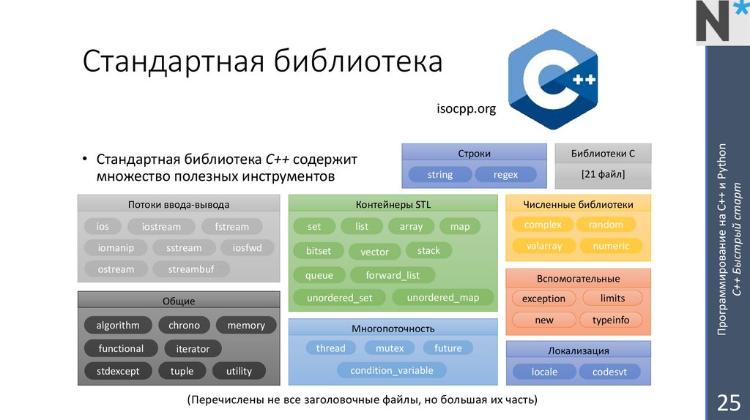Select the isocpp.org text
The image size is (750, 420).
pos(467,109)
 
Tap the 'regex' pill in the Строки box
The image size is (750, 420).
pos(505,175)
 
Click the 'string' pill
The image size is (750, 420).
pos(439,175)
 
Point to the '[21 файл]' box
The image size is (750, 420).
pos(603,176)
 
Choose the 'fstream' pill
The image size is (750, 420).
pos(226,227)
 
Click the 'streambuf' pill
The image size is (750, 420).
pos(191,269)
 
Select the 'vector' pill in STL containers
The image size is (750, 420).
pos(374,252)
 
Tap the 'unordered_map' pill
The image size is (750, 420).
pos(443,297)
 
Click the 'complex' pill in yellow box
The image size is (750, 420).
pos(543,225)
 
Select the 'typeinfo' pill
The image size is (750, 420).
pos(611,320)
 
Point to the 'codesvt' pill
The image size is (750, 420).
pos(610,372)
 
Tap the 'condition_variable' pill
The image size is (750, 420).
pos(392,370)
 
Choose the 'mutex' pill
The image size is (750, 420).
pos(390,348)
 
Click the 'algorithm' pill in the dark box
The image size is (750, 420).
pos(117,325)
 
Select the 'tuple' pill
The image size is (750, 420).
pos(182,371)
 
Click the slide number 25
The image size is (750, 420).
pos(727,402)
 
